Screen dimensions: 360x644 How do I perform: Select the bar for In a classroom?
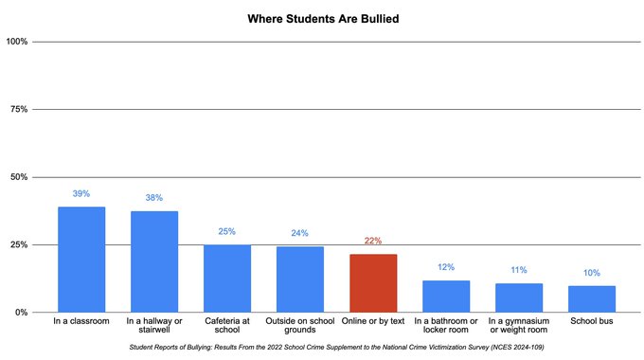[x=81, y=260]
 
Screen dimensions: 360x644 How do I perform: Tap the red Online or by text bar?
[x=373, y=283]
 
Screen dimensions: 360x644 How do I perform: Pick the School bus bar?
[x=592, y=298]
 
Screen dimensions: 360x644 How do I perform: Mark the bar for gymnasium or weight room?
[x=519, y=297]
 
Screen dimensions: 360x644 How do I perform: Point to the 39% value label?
[x=81, y=193]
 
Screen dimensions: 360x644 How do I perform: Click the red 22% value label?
[x=373, y=241]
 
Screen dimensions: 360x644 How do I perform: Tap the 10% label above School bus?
[x=592, y=273]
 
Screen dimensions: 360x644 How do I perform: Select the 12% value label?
[x=446, y=267]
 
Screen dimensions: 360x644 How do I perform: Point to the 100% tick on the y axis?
[x=18, y=42]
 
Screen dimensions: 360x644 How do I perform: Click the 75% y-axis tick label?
[x=20, y=109]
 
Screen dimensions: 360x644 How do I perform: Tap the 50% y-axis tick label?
[x=20, y=177]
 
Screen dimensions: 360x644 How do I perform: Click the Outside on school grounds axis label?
[x=300, y=328]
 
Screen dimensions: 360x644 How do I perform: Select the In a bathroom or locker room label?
[x=446, y=328]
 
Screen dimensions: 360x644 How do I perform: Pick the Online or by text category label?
[x=373, y=322]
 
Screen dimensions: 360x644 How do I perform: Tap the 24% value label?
[x=300, y=233]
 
